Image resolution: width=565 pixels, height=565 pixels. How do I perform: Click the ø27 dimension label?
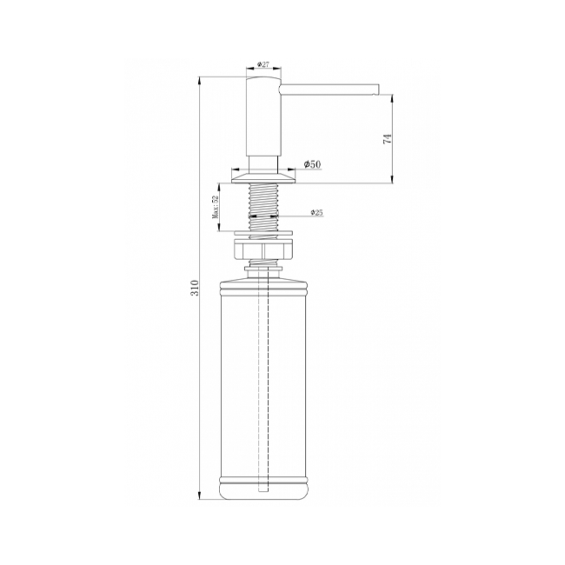click(263, 64)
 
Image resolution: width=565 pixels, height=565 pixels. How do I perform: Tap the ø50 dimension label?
click(312, 164)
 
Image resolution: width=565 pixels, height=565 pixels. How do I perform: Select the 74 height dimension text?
click(387, 139)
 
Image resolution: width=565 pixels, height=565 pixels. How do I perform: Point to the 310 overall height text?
click(194, 287)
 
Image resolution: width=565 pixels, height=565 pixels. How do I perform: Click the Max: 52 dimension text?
click(216, 208)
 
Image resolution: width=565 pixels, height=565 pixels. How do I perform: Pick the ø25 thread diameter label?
click(316, 213)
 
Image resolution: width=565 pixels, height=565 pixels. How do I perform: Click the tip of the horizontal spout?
click(378, 89)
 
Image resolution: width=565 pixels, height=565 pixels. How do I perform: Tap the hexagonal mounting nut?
click(263, 251)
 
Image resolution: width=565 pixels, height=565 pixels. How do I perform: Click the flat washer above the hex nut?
click(263, 233)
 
